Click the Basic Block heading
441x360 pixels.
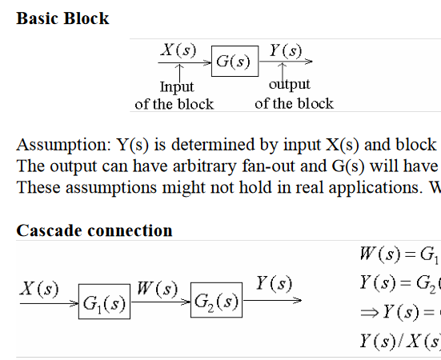(62, 18)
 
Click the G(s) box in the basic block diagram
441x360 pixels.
(235, 61)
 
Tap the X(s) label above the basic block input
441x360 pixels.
(178, 50)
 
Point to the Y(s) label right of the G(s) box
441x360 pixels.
(286, 51)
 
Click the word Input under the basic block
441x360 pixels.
(177, 87)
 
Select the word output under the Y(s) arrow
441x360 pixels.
(290, 85)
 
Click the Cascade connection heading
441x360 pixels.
(94, 230)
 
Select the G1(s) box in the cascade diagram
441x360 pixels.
(104, 302)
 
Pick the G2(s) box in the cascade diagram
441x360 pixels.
(216, 300)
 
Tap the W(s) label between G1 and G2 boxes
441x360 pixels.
(158, 289)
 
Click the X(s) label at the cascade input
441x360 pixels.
(39, 289)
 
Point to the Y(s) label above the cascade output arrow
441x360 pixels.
(275, 283)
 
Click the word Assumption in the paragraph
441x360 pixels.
(64, 146)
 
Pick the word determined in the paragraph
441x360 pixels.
(212, 145)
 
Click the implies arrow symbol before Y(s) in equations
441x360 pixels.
(370, 313)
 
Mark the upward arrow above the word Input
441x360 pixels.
(179, 73)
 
